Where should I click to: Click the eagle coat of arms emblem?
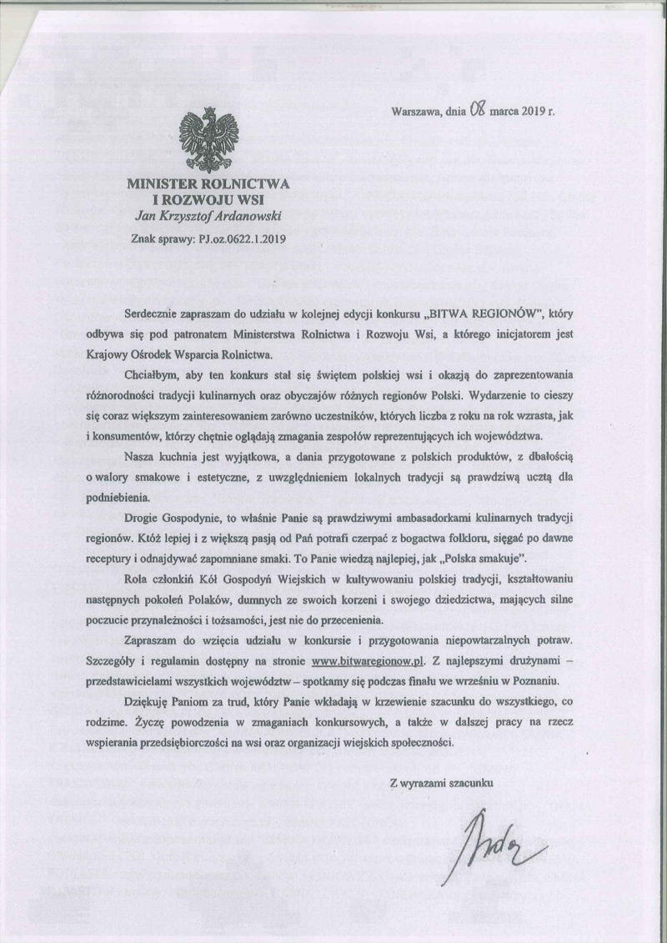point(209,138)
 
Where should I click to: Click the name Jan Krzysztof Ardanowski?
point(209,216)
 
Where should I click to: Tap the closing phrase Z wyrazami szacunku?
point(441,782)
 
